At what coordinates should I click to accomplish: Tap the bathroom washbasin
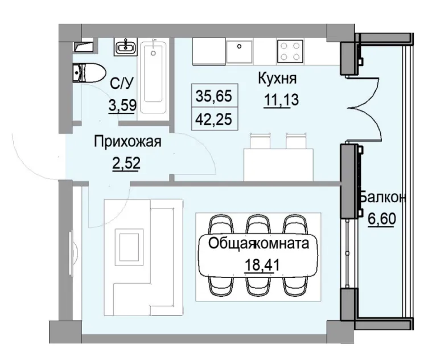(x=124, y=46)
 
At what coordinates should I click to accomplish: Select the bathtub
(x=154, y=75)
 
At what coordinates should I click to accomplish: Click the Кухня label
(x=278, y=79)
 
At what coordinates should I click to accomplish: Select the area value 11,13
(x=281, y=99)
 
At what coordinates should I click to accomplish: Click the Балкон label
(x=382, y=198)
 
